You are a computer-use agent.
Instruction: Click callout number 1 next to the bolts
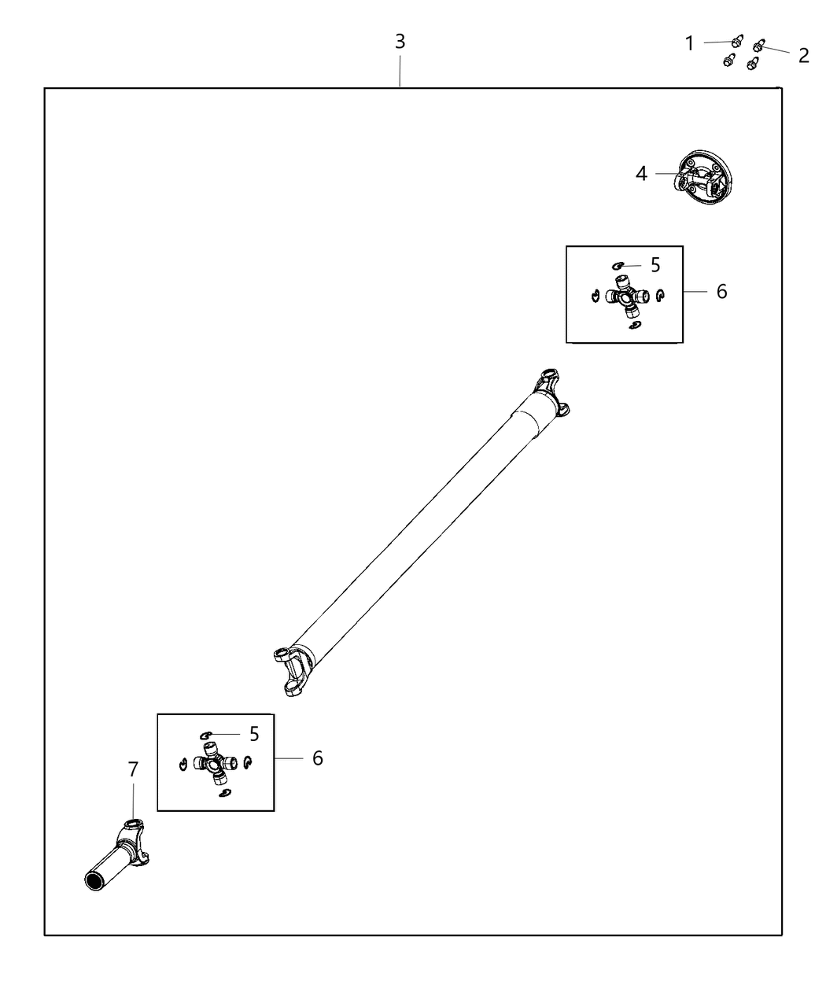690,43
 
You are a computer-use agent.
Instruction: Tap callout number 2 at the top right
803,55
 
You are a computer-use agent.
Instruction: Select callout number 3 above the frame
400,41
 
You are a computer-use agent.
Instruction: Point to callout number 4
641,174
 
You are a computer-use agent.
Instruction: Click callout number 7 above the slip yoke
133,769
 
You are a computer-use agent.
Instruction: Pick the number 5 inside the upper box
655,265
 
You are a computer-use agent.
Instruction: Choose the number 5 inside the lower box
254,734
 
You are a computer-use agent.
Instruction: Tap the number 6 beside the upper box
721,291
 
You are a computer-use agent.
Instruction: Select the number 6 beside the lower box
317,758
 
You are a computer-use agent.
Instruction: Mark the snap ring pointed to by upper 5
618,267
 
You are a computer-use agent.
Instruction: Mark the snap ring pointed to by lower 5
207,734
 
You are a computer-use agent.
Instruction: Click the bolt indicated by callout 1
737,42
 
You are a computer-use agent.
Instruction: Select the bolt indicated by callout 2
759,46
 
